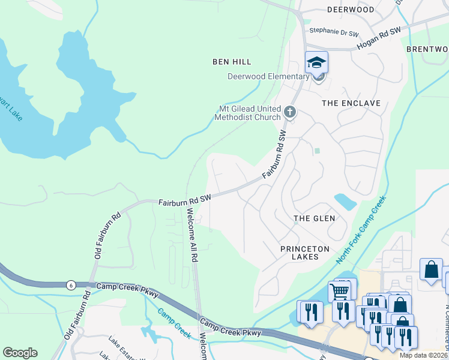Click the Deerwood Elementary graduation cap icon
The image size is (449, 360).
317,61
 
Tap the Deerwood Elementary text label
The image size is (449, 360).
268,76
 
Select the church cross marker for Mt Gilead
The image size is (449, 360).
289,111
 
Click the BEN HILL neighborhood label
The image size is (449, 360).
232,62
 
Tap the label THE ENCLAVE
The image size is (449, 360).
351,103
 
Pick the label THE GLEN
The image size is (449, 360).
314,218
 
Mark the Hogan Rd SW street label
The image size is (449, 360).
378,38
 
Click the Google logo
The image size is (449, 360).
20,353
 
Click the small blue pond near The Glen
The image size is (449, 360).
344,200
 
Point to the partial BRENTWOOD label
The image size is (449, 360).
427,49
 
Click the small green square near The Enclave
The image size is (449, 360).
317,151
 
